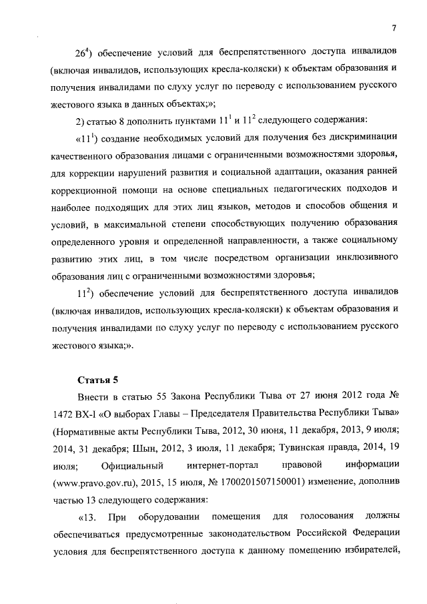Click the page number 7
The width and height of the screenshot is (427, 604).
[x=394, y=27]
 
